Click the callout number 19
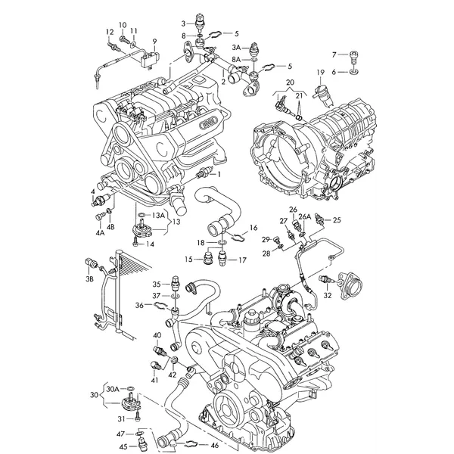(x=321, y=72)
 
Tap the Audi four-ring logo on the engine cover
(x=209, y=123)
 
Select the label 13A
(x=158, y=215)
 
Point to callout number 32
(x=328, y=295)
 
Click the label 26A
(x=305, y=216)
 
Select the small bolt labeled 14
(x=135, y=243)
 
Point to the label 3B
(x=90, y=280)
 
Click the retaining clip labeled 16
(x=239, y=237)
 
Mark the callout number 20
(x=290, y=82)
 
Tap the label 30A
(x=113, y=389)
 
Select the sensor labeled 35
(x=176, y=282)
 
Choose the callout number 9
(x=154, y=42)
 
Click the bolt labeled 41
(x=156, y=365)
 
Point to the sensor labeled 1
(x=204, y=173)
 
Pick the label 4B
(x=110, y=226)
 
